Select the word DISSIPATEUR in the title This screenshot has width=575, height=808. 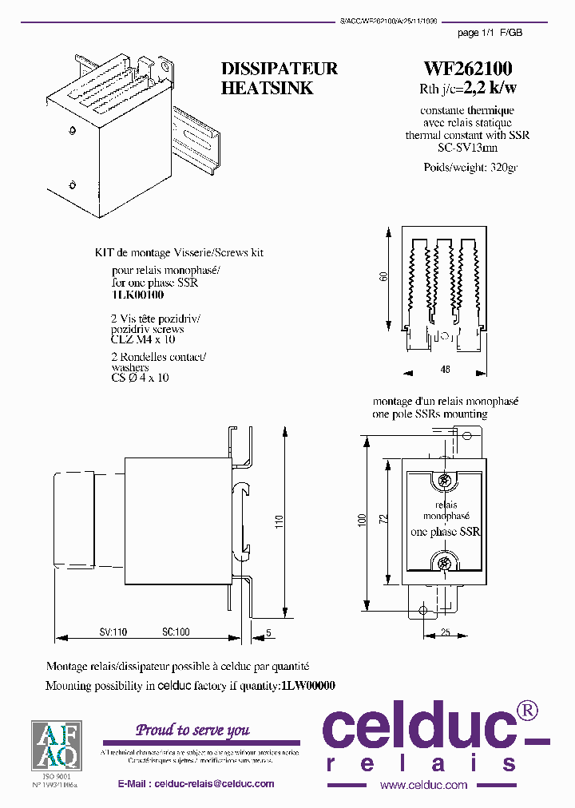pos(279,69)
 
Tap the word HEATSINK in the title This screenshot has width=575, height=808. pos(267,89)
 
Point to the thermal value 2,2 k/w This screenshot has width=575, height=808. pos(490,89)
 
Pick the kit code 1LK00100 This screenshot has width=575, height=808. pos(137,295)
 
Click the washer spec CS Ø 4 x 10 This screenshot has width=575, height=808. pos(140,378)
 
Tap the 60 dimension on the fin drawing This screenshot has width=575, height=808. pos(383,277)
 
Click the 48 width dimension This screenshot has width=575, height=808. pos(445,370)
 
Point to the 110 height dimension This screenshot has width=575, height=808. pos(279,522)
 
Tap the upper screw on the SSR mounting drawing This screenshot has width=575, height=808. pos(443,481)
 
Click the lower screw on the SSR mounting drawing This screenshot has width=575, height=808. pos(443,564)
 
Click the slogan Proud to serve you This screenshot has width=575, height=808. pos(192,730)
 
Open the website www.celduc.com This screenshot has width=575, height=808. pos(423,785)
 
